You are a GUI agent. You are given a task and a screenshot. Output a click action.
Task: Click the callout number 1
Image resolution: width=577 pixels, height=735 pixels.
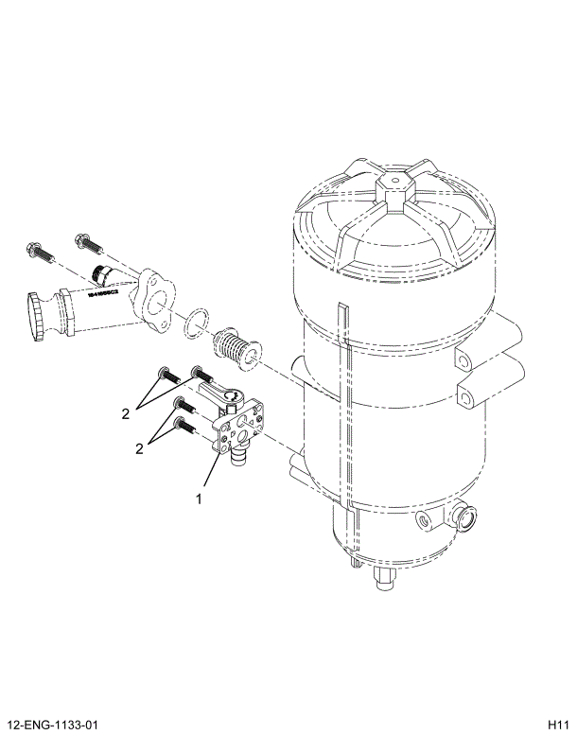[200, 498]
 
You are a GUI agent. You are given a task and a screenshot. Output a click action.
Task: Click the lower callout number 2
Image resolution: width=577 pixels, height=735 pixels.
[139, 448]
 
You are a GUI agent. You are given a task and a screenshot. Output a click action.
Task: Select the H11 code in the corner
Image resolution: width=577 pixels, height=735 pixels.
[557, 726]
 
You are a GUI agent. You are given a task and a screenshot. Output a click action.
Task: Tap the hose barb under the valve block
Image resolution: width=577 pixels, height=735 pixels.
[237, 460]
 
